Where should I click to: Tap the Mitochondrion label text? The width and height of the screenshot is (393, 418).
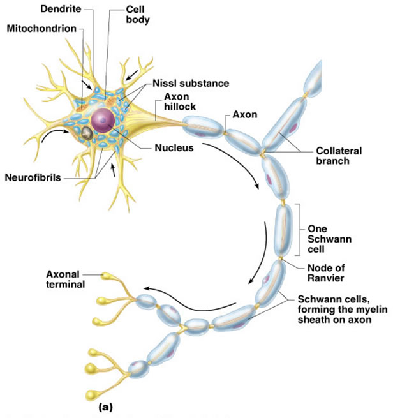(x=40, y=29)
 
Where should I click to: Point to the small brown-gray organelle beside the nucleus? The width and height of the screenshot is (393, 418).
(x=87, y=132)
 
